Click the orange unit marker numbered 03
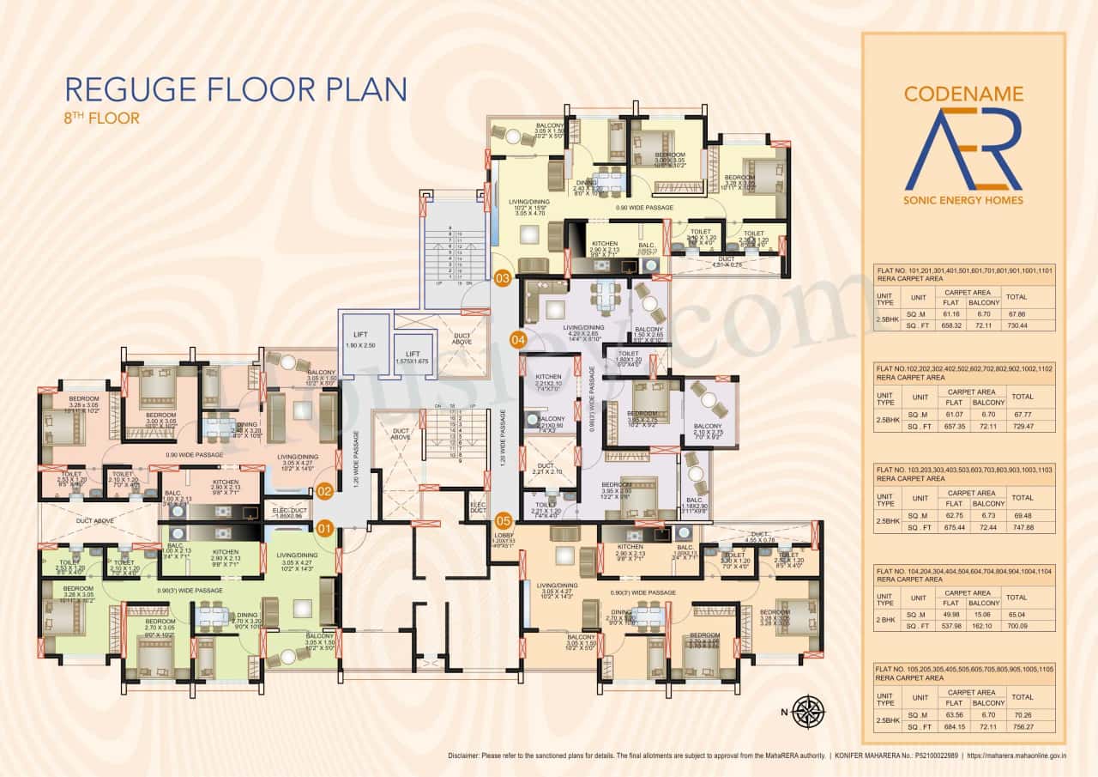pos(503,277)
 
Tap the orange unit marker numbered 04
pos(517,338)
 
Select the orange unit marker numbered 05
pos(503,520)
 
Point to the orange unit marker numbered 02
pos(324,492)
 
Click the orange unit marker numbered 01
pos(324,527)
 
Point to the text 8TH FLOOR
pos(101,118)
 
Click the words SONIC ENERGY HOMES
pos(963,201)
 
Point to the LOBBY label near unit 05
pos(503,537)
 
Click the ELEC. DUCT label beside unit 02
pos(287,513)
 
